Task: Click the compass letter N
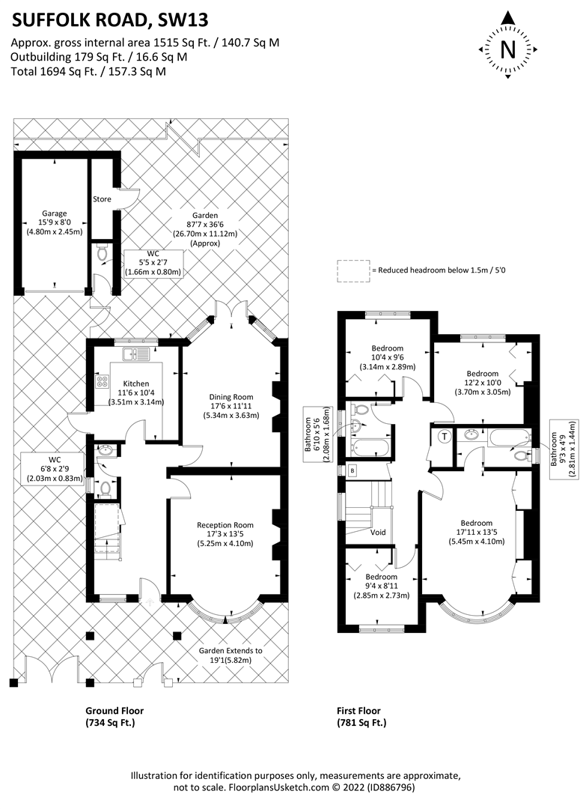[508, 49]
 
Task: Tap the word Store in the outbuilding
[102, 199]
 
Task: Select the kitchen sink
[135, 354]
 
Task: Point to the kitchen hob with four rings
[102, 381]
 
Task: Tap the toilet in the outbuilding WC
[102, 253]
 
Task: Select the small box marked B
[352, 470]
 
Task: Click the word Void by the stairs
[378, 532]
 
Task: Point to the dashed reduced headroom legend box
[353, 270]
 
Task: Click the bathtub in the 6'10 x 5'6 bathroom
[370, 447]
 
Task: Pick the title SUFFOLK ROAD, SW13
[110, 19]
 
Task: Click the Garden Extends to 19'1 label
[231, 655]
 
